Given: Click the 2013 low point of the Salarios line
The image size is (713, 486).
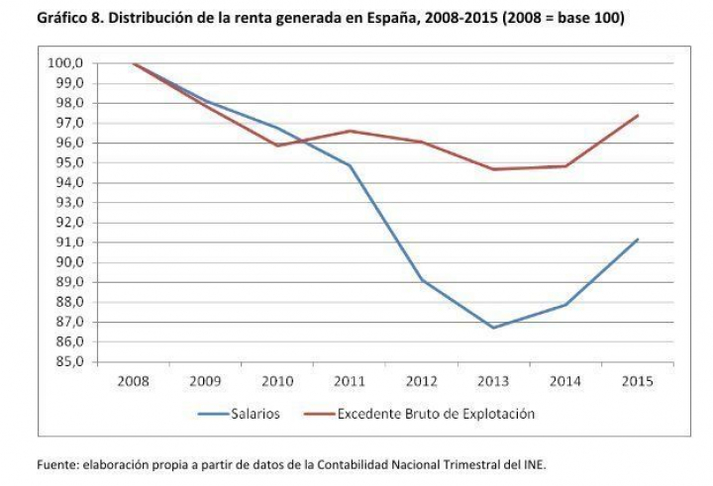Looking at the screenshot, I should tap(493, 328).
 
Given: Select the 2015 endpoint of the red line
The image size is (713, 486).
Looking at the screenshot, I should tap(638, 116).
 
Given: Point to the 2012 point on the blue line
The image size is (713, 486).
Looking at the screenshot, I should tap(423, 280).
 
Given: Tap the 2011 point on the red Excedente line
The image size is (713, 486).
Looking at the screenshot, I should tap(351, 131).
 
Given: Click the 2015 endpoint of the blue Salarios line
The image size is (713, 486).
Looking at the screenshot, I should tap(638, 240).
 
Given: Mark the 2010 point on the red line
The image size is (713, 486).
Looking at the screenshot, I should tap(278, 146).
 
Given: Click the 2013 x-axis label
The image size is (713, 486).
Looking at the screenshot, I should tap(493, 379).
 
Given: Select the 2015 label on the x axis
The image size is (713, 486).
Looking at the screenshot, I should tap(637, 379).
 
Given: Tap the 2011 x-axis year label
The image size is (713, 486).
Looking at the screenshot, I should tap(350, 379).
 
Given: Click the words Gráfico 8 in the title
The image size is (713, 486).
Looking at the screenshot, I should tap(68, 17).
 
